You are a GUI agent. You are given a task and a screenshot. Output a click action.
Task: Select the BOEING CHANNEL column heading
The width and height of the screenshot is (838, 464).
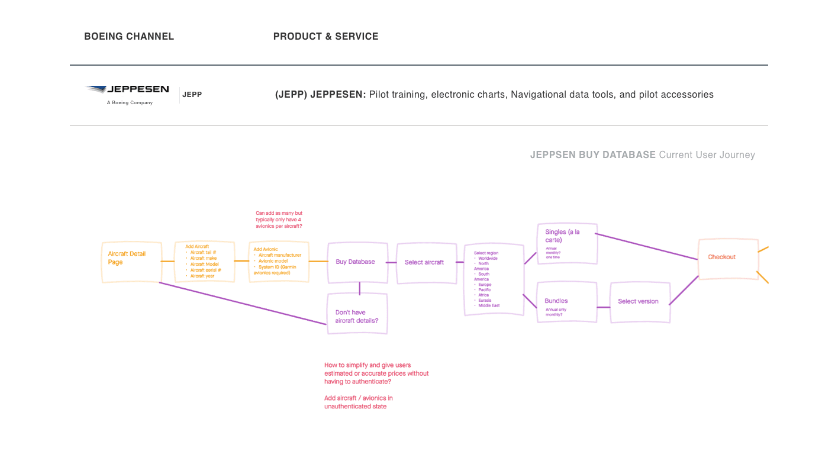pyautogui.click(x=129, y=36)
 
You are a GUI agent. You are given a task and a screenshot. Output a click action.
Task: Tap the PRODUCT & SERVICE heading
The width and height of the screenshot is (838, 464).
pyautogui.click(x=325, y=36)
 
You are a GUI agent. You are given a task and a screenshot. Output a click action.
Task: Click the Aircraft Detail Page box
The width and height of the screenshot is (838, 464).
pyautogui.click(x=131, y=262)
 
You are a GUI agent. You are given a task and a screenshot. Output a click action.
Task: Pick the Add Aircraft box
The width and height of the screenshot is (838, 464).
pyautogui.click(x=204, y=262)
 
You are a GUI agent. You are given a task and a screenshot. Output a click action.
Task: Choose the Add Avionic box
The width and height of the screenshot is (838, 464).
pyautogui.click(x=279, y=262)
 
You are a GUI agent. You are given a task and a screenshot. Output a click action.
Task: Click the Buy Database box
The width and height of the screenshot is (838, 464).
pyautogui.click(x=357, y=262)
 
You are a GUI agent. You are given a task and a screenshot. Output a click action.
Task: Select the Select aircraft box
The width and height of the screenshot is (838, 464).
pyautogui.click(x=426, y=262)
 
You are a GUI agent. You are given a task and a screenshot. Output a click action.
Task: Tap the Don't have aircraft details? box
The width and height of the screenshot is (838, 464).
pyautogui.click(x=357, y=314)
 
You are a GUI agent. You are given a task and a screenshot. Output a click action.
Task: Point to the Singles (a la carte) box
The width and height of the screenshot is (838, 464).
pyautogui.click(x=567, y=243)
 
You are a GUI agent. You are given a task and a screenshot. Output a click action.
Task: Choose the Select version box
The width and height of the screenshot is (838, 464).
pyautogui.click(x=640, y=302)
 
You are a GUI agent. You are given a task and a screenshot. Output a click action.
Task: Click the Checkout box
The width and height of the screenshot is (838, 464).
pyautogui.click(x=728, y=257)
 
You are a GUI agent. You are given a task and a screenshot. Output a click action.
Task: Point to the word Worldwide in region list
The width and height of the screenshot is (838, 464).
pyautogui.click(x=488, y=259)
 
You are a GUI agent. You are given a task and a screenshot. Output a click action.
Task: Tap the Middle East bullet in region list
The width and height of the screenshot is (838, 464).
pyautogui.click(x=489, y=305)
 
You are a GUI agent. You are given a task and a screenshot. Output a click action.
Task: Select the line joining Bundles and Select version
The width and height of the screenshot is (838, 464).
pyautogui.click(x=603, y=307)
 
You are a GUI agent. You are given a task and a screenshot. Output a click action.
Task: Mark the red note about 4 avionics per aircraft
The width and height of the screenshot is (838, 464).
pyautogui.click(x=279, y=220)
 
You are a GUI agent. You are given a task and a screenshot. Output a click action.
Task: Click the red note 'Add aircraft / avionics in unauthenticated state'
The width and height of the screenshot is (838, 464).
pyautogui.click(x=358, y=402)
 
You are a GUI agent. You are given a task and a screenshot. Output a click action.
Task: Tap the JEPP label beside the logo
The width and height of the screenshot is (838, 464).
pyautogui.click(x=192, y=95)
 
